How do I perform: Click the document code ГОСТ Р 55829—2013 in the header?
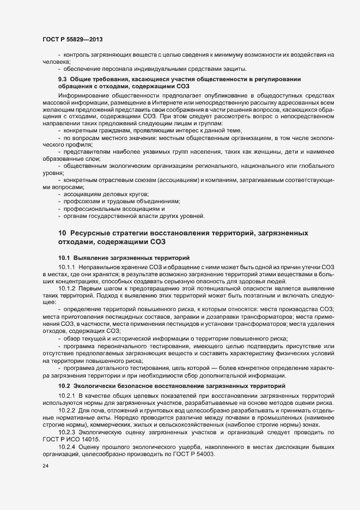[72, 40]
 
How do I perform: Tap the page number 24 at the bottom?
[45, 467]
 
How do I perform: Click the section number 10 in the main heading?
[62, 233]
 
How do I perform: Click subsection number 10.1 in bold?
[64, 257]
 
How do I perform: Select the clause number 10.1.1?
[66, 266]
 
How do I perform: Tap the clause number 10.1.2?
[66, 287]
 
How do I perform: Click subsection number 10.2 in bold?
[64, 386]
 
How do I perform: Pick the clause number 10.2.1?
[66, 395]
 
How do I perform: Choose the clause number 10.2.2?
[66, 410]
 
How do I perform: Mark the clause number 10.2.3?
[66, 432]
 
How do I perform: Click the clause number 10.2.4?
[66, 447]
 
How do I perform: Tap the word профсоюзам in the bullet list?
[83, 201]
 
